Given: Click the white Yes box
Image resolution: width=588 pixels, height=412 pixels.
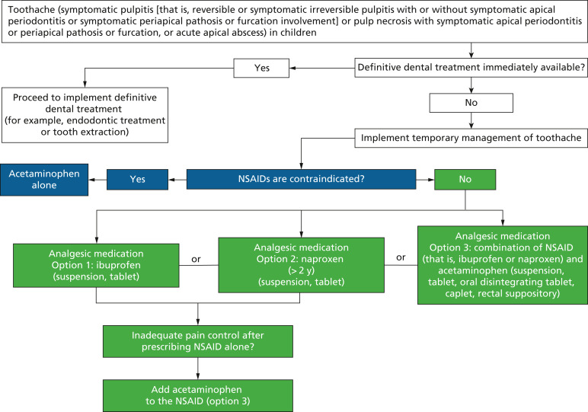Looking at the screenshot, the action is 261,68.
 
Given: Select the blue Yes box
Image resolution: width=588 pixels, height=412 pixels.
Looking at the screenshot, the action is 137,179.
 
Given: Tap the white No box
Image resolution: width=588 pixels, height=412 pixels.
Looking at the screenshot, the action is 471,103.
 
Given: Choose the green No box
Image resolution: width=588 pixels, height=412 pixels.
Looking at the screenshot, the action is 465,179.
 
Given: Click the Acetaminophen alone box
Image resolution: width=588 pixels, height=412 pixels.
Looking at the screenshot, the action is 44,180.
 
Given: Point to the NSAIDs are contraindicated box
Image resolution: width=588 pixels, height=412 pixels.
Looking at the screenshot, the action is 301,179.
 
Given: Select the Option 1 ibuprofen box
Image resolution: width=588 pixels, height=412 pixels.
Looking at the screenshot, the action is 96,266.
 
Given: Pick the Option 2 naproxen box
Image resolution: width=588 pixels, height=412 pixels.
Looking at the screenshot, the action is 301,265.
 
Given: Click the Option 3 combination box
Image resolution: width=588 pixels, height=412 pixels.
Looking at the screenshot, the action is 503,265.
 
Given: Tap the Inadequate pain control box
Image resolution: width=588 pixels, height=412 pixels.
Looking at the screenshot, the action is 197,341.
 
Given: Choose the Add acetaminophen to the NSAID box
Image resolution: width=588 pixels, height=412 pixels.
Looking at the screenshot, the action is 197,395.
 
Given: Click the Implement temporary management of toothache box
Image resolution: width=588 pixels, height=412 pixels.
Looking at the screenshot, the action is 471,138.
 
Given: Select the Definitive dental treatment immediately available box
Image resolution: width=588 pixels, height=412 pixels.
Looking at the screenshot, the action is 471,68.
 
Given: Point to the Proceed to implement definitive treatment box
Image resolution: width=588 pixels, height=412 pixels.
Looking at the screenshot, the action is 85,115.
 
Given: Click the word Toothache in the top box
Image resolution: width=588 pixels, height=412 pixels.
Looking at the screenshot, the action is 29,10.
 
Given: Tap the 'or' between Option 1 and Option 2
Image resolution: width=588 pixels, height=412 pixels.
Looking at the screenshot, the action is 196,259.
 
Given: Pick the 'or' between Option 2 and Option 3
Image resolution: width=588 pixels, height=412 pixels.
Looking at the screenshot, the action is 401,257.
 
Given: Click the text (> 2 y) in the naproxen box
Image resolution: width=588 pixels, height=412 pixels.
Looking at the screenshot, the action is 301,270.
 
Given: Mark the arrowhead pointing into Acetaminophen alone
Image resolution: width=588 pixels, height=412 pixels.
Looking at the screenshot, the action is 92,180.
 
